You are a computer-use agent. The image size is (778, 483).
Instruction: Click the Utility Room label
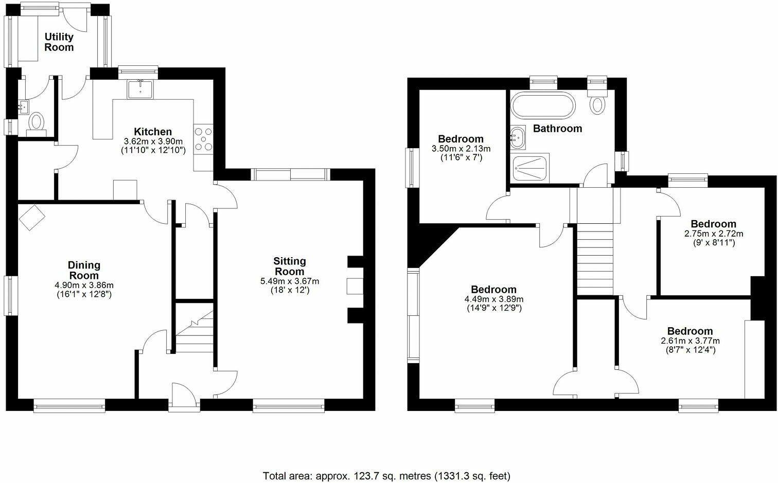tap(59, 42)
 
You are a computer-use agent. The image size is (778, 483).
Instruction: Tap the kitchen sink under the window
tap(140, 90)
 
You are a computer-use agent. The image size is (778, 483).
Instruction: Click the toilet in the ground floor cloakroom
tap(36, 122)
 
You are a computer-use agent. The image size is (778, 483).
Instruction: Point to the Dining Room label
tap(84, 270)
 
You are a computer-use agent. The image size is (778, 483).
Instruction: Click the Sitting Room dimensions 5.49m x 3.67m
tap(290, 281)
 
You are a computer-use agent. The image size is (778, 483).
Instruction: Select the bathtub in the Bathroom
tap(542, 105)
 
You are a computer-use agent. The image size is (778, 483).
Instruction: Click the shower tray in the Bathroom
tap(531, 168)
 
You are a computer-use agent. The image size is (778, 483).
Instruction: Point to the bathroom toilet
tap(597, 102)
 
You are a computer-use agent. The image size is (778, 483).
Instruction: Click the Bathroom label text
tap(557, 129)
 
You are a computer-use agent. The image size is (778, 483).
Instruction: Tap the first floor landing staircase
tap(595, 260)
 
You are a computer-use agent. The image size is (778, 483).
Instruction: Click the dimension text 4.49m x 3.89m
tap(493, 299)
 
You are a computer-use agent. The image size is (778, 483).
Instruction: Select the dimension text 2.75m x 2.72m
tap(713, 234)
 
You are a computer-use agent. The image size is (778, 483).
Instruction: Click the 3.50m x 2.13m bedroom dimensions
tap(461, 149)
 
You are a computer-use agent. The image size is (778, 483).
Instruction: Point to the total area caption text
tap(386, 476)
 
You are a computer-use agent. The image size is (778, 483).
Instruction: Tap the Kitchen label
tap(153, 132)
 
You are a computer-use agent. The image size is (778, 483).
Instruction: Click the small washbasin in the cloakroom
tap(24, 108)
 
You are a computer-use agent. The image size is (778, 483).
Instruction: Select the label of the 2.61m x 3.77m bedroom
tap(690, 331)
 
